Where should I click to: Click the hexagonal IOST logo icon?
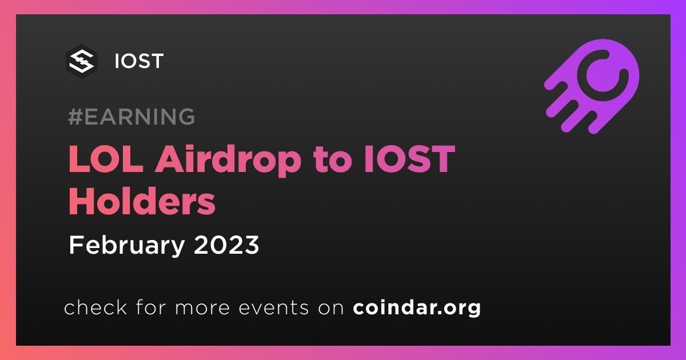point(81,62)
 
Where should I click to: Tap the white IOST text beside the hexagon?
point(139,61)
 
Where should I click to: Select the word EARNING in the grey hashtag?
point(139,117)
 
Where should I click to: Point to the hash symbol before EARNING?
point(75,117)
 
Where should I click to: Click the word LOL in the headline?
point(106,159)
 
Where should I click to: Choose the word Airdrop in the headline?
point(228,161)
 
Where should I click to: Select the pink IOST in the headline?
point(409,159)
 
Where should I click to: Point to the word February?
point(127,246)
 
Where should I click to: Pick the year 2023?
point(226,245)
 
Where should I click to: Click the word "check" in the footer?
point(95,307)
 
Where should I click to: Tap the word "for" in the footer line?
point(151,307)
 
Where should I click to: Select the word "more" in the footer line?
point(202,309)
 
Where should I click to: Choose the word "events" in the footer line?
point(273,308)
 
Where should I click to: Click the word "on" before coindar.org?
point(331,309)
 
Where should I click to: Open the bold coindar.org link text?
point(417,308)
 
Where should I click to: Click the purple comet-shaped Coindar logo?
point(592,86)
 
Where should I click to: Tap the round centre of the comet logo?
point(603,75)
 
